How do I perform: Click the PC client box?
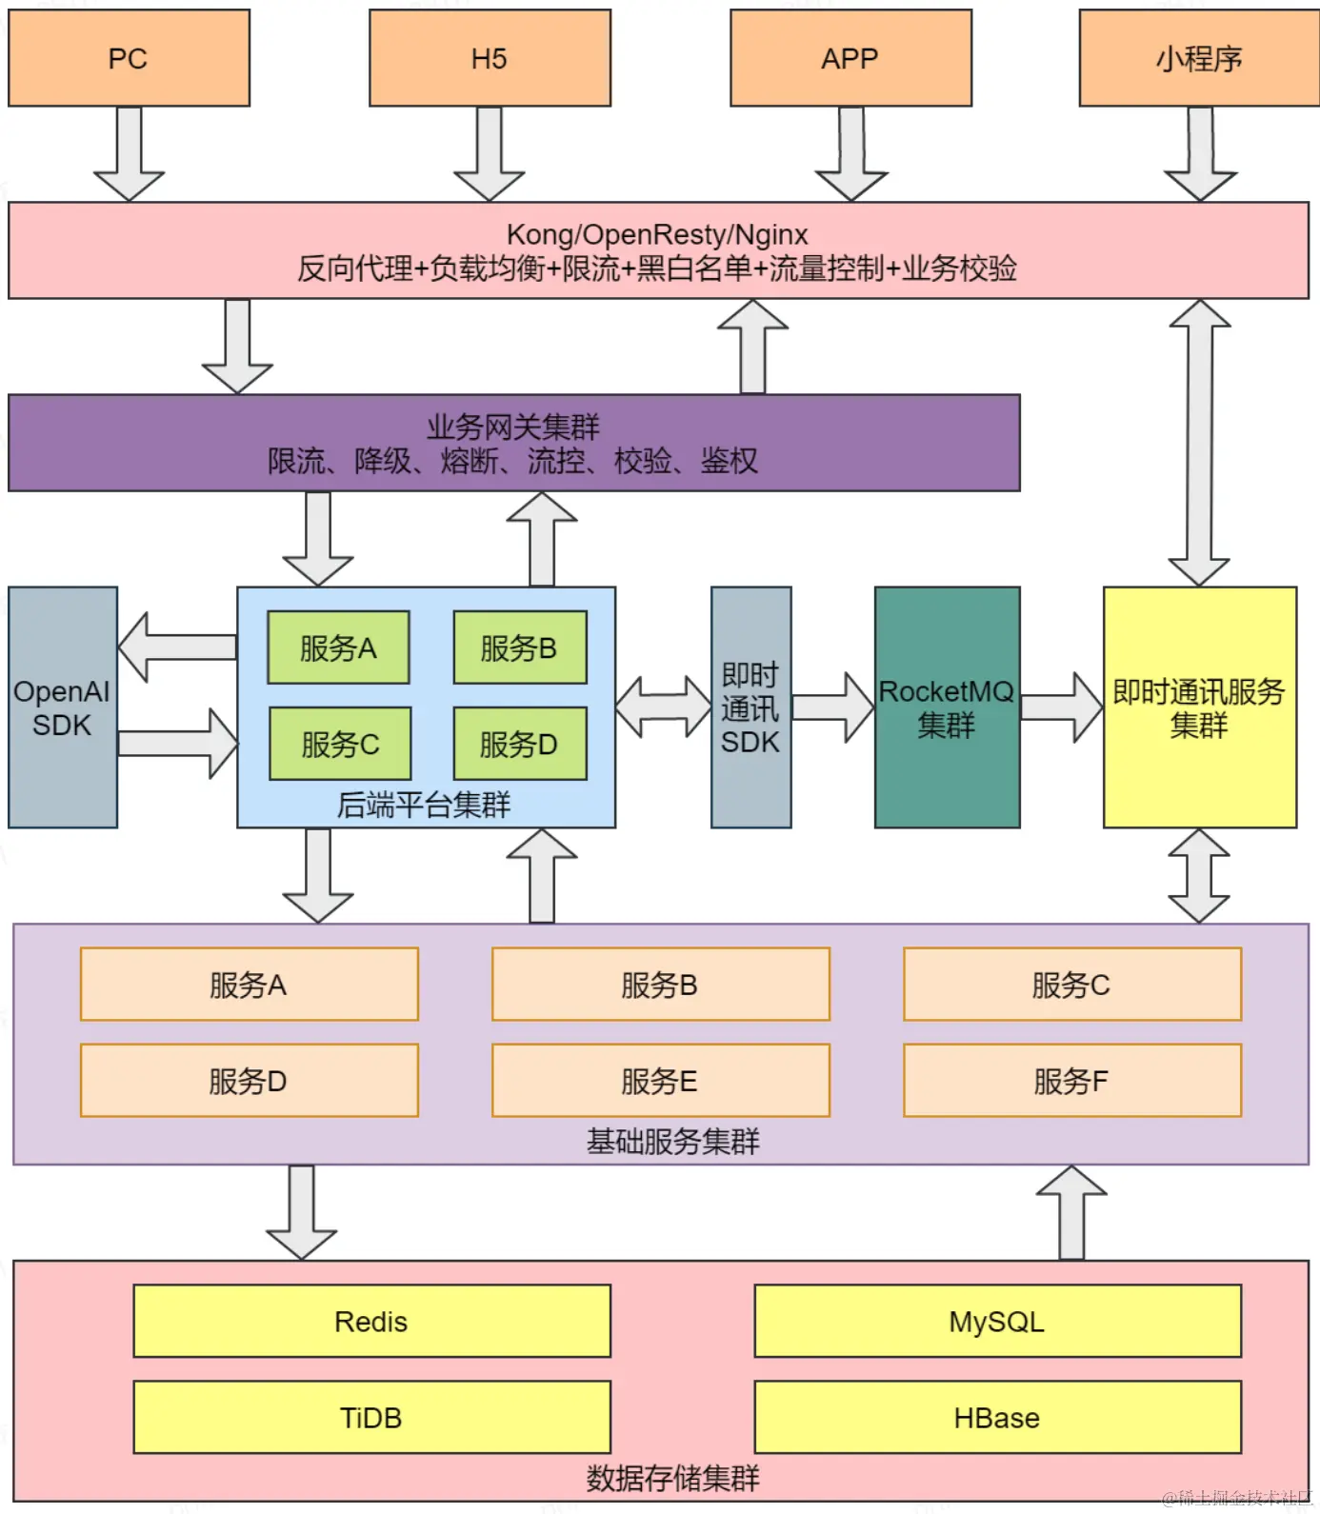[129, 58]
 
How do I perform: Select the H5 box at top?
[490, 58]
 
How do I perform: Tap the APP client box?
[850, 58]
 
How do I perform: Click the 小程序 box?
[1199, 58]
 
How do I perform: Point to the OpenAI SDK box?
[62, 707]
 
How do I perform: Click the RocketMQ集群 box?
[947, 707]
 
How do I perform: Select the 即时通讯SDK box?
[750, 707]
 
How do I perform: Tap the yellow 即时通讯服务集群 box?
[1199, 707]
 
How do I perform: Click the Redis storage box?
[371, 1322]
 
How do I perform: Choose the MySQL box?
[997, 1322]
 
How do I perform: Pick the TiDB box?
[371, 1418]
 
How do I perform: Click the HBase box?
[997, 1418]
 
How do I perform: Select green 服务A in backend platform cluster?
[338, 648]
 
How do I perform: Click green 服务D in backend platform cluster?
[519, 744]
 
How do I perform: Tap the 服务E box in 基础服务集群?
[660, 1081]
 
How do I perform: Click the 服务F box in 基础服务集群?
[1071, 1081]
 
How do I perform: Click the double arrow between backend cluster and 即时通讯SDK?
[663, 707]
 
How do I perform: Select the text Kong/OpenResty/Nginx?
[657, 234]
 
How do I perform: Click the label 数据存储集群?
[672, 1478]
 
